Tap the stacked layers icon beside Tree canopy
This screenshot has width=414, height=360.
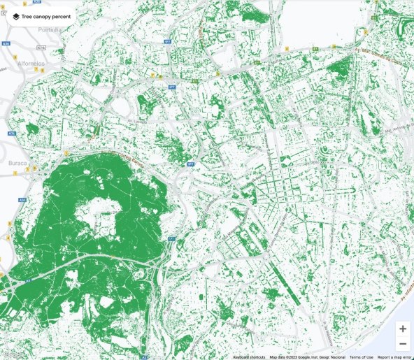coord(15,15)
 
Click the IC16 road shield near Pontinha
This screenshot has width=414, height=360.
coord(41,48)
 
